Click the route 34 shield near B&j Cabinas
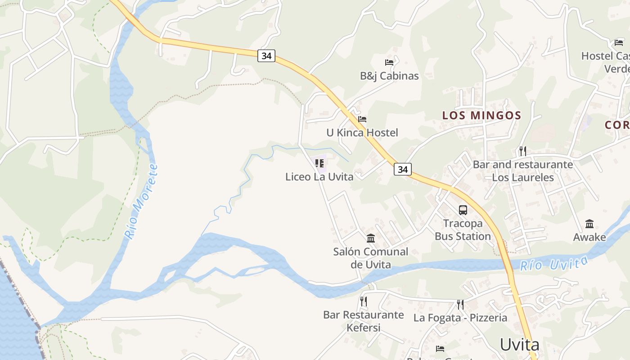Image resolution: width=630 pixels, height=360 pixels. (266, 56)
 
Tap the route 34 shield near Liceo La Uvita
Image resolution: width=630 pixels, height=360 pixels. (403, 169)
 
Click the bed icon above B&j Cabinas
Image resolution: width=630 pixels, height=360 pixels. (389, 63)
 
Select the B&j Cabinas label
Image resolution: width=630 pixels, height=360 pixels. (389, 76)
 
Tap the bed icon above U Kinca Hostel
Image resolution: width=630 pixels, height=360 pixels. (362, 119)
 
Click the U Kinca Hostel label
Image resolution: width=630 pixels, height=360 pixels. (362, 133)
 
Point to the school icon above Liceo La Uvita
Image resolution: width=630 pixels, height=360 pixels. (319, 163)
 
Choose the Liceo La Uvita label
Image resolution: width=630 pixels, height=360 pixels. (319, 177)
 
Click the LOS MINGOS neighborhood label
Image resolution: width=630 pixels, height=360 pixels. (481, 115)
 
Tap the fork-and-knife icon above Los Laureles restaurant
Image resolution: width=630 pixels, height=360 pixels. (522, 151)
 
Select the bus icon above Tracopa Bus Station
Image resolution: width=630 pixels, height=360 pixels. (463, 210)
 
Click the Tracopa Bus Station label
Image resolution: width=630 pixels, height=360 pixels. (463, 229)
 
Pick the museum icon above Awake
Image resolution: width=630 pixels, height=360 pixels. (589, 224)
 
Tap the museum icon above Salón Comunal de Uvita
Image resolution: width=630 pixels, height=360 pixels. (371, 238)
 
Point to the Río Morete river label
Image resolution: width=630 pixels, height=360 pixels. (141, 201)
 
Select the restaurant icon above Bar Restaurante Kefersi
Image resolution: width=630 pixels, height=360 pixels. (364, 301)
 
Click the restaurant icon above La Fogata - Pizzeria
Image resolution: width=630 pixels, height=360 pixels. (460, 305)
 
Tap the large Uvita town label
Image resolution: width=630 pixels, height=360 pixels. (520, 345)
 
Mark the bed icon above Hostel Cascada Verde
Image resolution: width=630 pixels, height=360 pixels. (619, 43)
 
